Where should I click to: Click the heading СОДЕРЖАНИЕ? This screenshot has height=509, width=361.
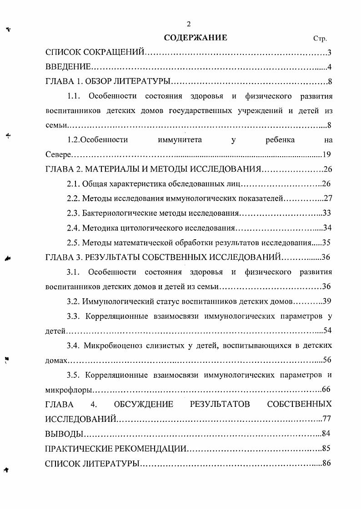[x=196, y=38]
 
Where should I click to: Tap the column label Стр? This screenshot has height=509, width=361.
[x=320, y=39]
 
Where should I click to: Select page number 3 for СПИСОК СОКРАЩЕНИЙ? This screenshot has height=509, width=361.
[x=329, y=53]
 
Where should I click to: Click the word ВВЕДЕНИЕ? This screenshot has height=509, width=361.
[x=69, y=68]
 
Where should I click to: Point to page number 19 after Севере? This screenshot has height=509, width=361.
[x=326, y=154]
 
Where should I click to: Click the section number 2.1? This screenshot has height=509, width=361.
[x=73, y=184]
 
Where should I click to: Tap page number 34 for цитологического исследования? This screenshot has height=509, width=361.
[x=326, y=228]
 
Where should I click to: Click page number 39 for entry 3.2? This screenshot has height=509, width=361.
[x=326, y=301]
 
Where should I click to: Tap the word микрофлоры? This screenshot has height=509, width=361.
[x=69, y=390]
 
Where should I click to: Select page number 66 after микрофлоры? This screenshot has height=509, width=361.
[x=326, y=390]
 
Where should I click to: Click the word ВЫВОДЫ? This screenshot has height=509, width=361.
[x=64, y=433]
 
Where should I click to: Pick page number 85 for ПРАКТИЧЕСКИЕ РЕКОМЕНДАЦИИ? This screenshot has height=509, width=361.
[x=326, y=448]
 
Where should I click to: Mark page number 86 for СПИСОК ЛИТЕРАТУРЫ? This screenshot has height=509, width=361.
[x=326, y=463]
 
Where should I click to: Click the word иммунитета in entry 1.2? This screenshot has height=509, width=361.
[x=180, y=140]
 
